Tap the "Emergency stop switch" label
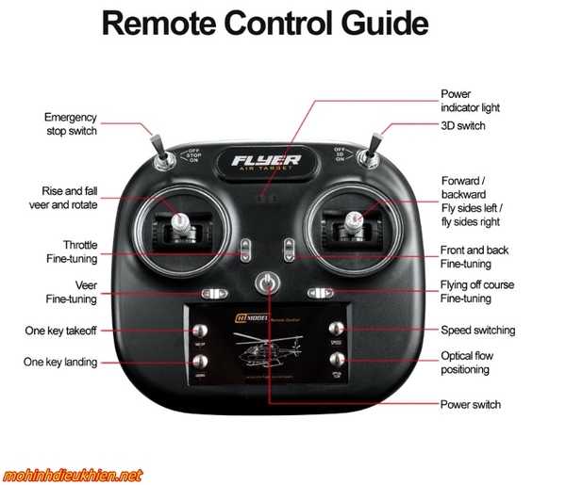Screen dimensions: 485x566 point(71,124)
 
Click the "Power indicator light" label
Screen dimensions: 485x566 point(470,101)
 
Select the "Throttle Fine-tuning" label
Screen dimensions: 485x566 point(73,251)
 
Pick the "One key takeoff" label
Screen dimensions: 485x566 point(61,331)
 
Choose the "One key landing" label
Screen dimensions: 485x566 point(61,363)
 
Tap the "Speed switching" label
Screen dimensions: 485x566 point(477,331)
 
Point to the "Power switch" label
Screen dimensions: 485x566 point(471,405)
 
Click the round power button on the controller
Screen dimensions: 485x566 point(269,283)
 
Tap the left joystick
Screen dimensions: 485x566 point(180,223)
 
